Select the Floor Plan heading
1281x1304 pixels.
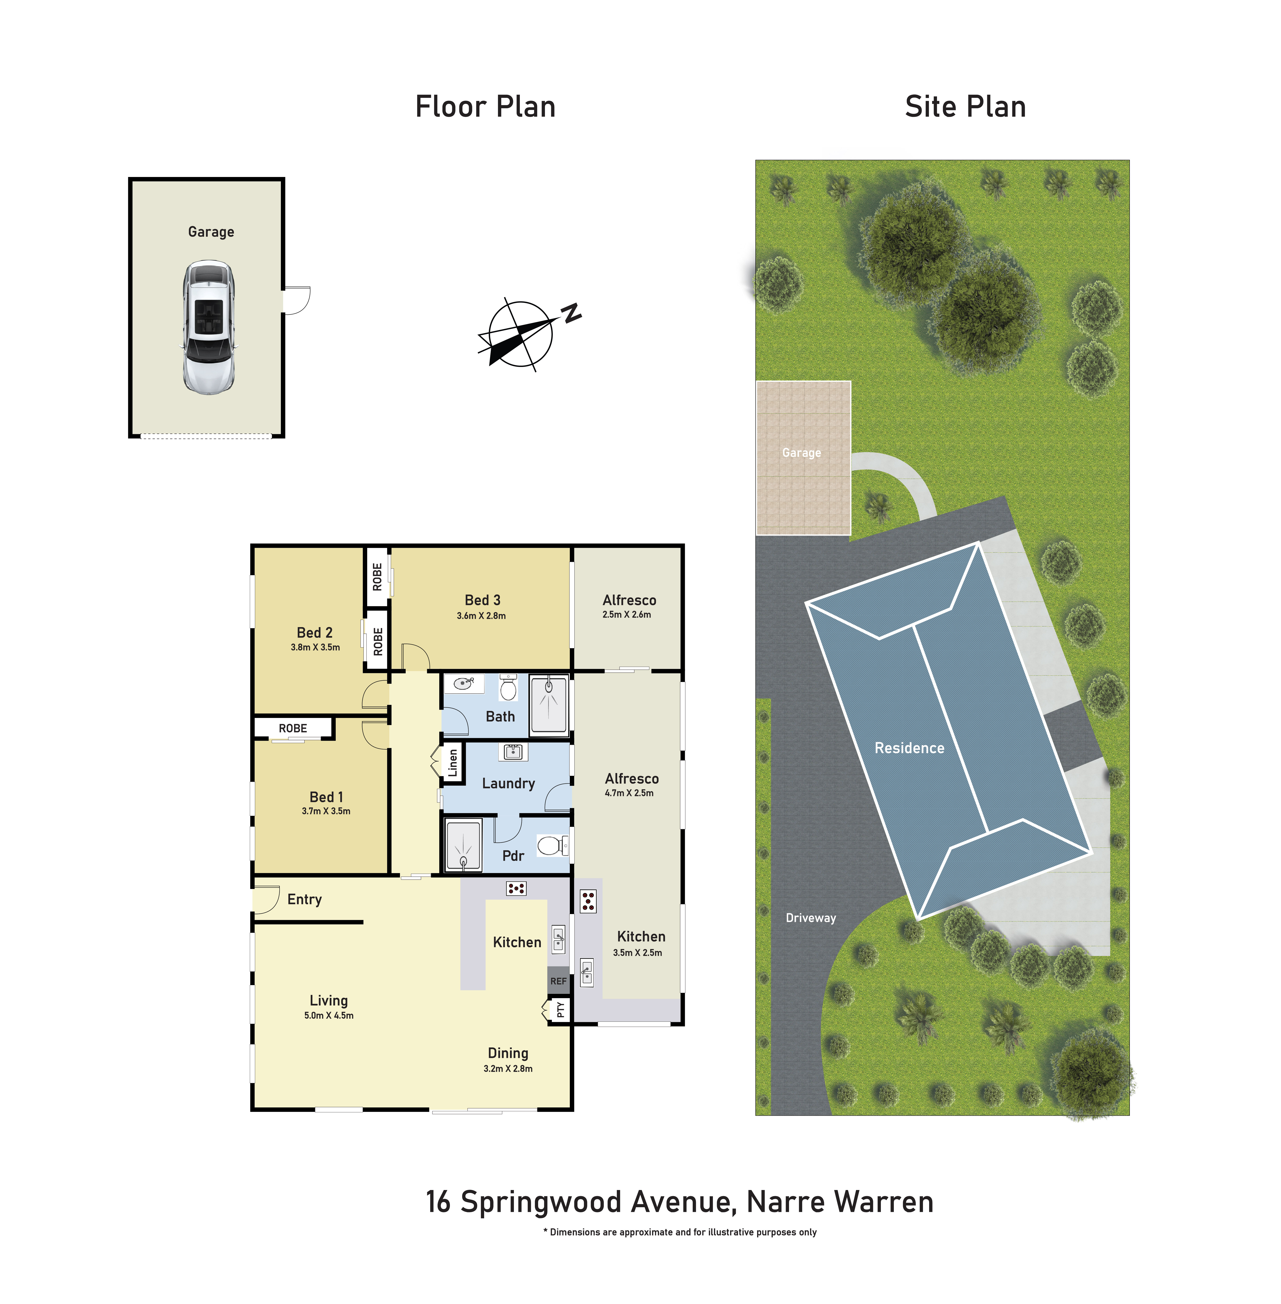(485, 106)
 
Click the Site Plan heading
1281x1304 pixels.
(965, 106)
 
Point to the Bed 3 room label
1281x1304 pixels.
(482, 600)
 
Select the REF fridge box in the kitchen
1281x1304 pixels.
(558, 980)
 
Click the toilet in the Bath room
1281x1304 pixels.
(509, 687)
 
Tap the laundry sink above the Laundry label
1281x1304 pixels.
(513, 751)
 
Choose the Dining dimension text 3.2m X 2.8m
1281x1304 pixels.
(508, 1068)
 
